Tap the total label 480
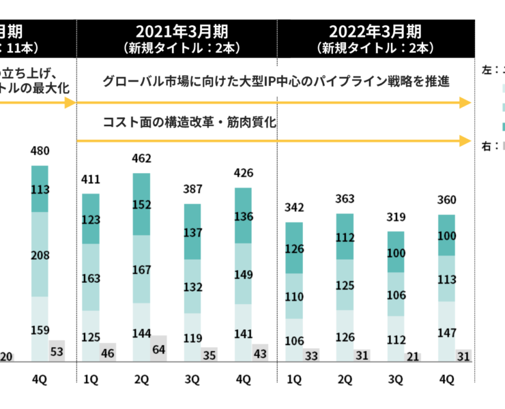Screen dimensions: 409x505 (x=40, y=151)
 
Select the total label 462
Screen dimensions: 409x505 (x=141, y=159)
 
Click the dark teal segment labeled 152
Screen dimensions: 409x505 (x=141, y=204)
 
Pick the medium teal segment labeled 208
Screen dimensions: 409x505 (x=40, y=254)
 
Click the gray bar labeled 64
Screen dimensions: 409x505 (x=158, y=348)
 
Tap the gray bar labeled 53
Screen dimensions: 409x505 (x=57, y=351)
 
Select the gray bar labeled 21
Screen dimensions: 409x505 (x=412, y=357)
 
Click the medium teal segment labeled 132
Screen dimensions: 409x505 (x=192, y=286)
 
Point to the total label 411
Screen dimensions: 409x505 (x=91, y=180)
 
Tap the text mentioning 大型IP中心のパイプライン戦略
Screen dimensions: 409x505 (x=276, y=82)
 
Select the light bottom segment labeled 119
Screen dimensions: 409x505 (x=192, y=337)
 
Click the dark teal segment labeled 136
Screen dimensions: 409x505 (x=243, y=215)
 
